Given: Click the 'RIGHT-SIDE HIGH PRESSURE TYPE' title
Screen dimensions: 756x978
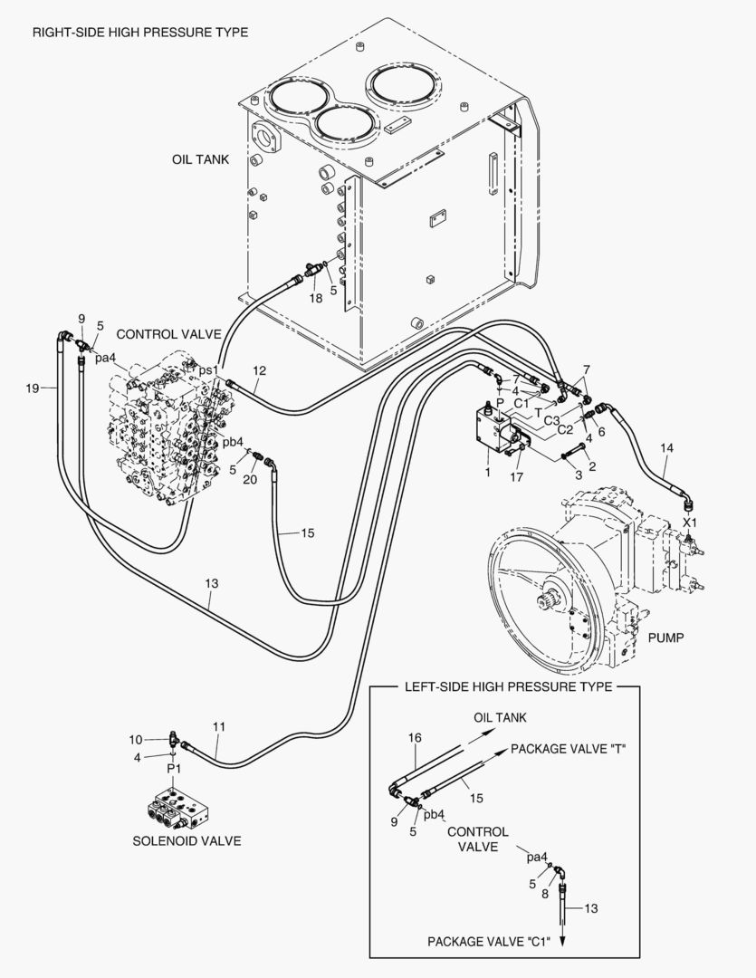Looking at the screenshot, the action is (x=140, y=32).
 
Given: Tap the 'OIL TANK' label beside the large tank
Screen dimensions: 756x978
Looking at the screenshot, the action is (x=200, y=159).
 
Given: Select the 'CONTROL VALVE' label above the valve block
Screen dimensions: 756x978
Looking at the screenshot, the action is (x=168, y=333).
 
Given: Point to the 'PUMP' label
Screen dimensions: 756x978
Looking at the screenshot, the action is (x=665, y=638).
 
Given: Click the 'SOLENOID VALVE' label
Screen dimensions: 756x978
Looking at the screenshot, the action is (x=187, y=840).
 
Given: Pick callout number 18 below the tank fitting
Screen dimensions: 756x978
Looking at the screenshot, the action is (x=316, y=298).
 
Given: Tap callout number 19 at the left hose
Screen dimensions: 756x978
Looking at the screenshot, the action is (x=33, y=388).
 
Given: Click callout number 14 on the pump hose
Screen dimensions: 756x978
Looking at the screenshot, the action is (x=666, y=448).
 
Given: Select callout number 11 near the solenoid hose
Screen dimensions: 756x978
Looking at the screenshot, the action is (x=218, y=726).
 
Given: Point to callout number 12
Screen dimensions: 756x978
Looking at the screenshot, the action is (x=260, y=370).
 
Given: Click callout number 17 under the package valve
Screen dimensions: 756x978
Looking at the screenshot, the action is (x=516, y=477).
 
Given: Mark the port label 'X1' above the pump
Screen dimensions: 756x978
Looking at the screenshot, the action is (x=689, y=522).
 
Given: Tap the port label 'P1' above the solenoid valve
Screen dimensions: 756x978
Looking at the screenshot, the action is (x=174, y=768).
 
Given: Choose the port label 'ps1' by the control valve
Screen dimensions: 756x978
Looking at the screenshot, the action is (x=209, y=369).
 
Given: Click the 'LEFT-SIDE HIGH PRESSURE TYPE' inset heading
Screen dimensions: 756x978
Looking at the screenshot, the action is (x=508, y=686).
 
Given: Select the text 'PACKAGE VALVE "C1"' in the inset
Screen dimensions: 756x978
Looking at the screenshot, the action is (x=489, y=941).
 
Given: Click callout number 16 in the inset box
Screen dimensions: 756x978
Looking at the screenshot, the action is (x=415, y=738).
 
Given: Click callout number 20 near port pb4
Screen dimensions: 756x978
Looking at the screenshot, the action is (x=250, y=479).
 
